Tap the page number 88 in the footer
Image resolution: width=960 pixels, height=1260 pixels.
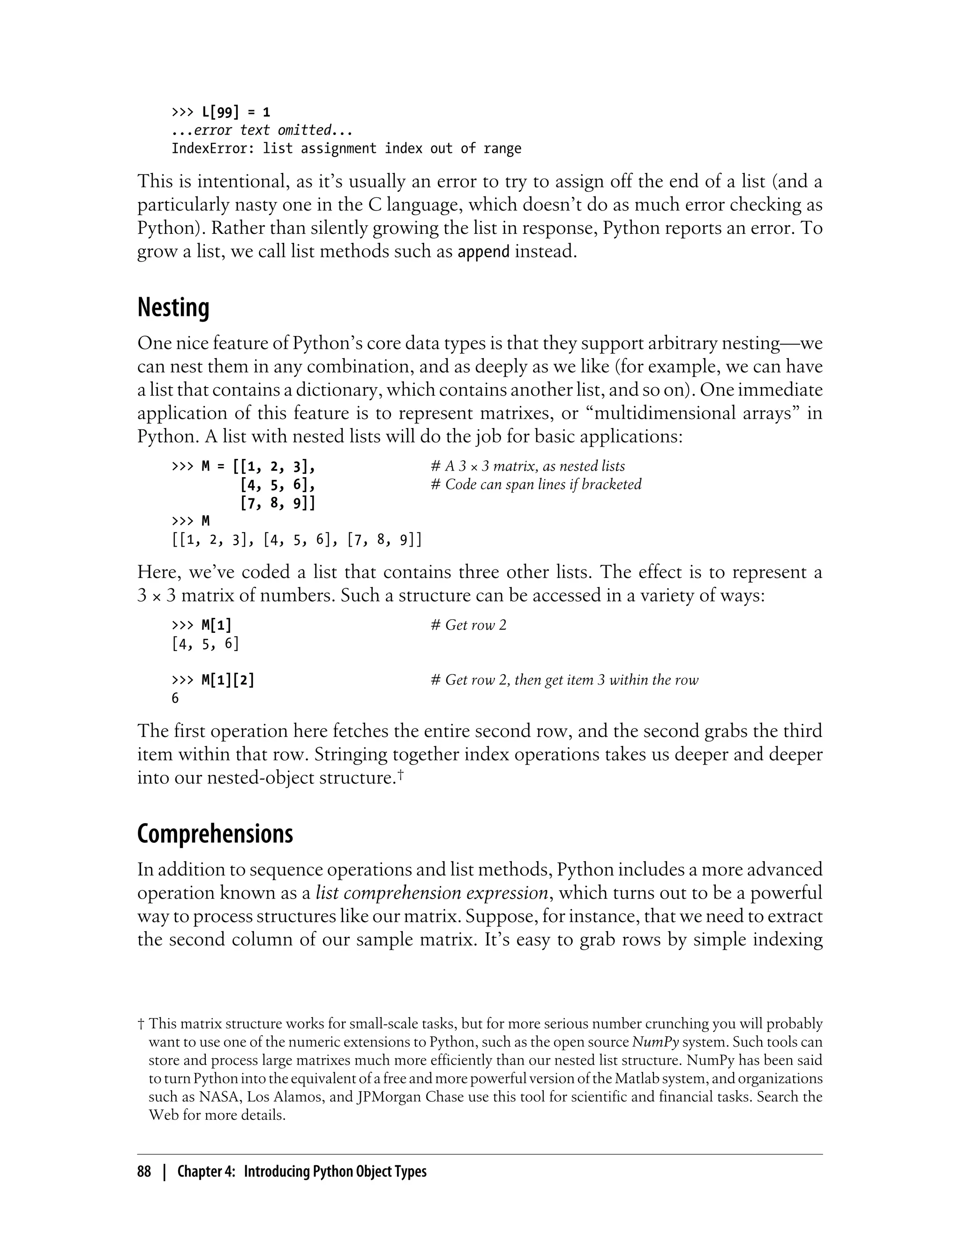144,1171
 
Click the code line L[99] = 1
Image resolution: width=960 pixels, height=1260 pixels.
235,112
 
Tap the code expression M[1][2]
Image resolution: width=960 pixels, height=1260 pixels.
227,680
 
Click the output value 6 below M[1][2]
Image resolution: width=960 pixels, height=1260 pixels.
175,698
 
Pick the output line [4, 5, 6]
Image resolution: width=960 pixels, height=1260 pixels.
205,644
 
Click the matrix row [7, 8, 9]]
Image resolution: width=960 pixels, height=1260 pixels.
277,503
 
